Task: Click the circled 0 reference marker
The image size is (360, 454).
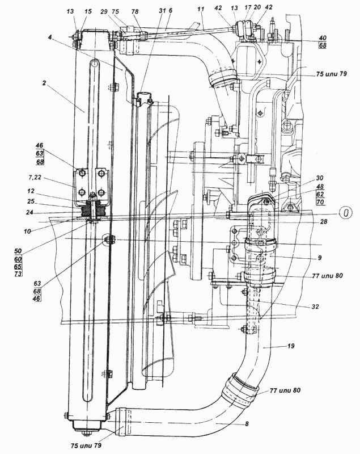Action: pyautogui.click(x=346, y=213)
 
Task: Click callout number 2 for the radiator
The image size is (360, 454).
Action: pyautogui.click(x=44, y=83)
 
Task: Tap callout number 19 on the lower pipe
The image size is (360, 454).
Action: pyautogui.click(x=291, y=346)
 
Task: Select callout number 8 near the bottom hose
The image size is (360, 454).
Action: pyautogui.click(x=247, y=424)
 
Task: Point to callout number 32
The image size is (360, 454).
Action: pyautogui.click(x=315, y=306)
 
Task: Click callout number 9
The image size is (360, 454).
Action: pyautogui.click(x=319, y=258)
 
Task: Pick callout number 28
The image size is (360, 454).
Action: pyautogui.click(x=323, y=221)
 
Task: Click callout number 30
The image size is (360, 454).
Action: pyautogui.click(x=320, y=178)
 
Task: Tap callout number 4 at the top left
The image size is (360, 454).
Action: pyautogui.click(x=50, y=37)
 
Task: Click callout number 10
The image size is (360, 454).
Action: pyautogui.click(x=27, y=232)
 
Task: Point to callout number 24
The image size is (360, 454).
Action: pyautogui.click(x=31, y=212)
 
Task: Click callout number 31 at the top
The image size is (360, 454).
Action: pyautogui.click(x=162, y=11)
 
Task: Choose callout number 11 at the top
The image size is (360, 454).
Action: pyautogui.click(x=201, y=9)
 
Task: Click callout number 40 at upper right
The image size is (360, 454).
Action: pyautogui.click(x=323, y=38)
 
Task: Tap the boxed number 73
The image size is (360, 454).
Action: pyautogui.click(x=18, y=274)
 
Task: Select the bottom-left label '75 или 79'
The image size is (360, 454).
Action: pyautogui.click(x=86, y=445)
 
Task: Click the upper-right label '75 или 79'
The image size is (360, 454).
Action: pyautogui.click(x=331, y=74)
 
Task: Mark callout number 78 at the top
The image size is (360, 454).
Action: pyautogui.click(x=135, y=11)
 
